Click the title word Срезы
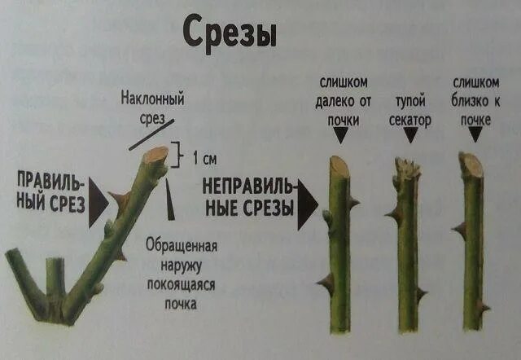(x=230, y=32)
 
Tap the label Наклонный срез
(x=152, y=108)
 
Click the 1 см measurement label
(x=205, y=157)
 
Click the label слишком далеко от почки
(x=343, y=100)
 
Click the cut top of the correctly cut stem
(x=157, y=154)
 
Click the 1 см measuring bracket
(x=184, y=156)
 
